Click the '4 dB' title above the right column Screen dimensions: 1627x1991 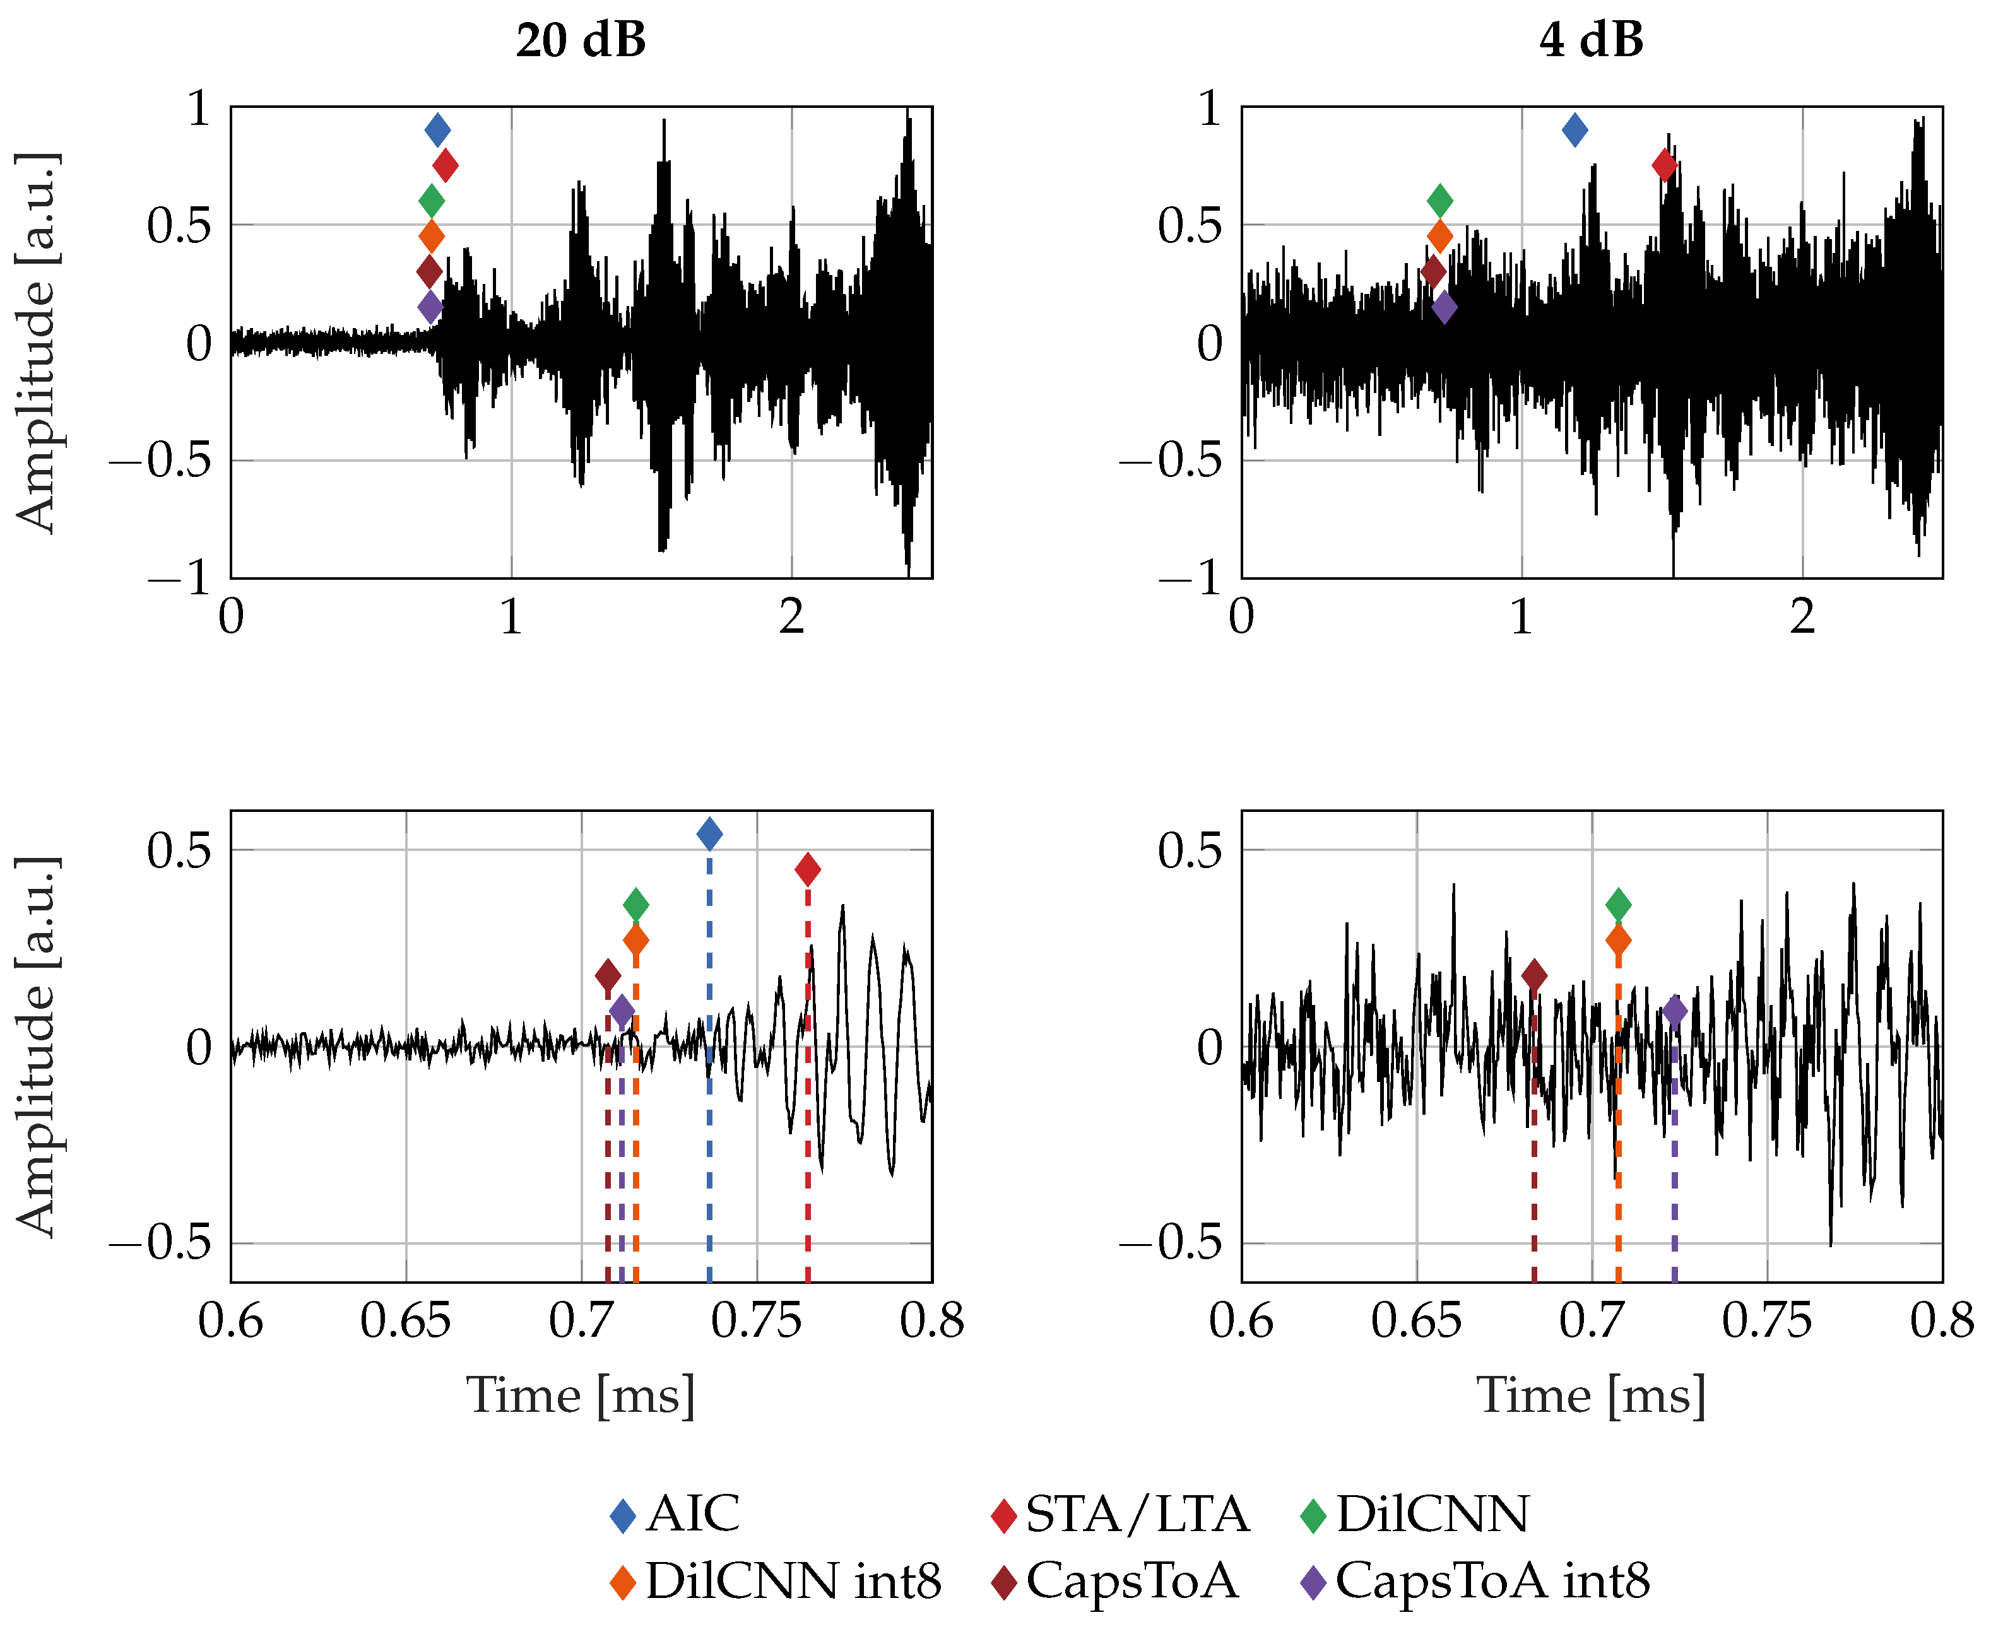coord(1591,40)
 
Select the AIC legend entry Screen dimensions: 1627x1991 coord(675,1513)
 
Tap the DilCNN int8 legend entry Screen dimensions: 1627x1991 coord(776,1581)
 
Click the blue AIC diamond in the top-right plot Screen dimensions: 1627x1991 coord(1574,129)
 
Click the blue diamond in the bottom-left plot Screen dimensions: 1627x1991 coord(709,833)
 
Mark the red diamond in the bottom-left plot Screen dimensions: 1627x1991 coord(807,869)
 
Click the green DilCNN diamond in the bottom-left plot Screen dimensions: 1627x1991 coord(635,905)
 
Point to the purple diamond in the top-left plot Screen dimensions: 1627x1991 coord(429,307)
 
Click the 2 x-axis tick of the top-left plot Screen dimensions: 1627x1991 coord(791,617)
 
